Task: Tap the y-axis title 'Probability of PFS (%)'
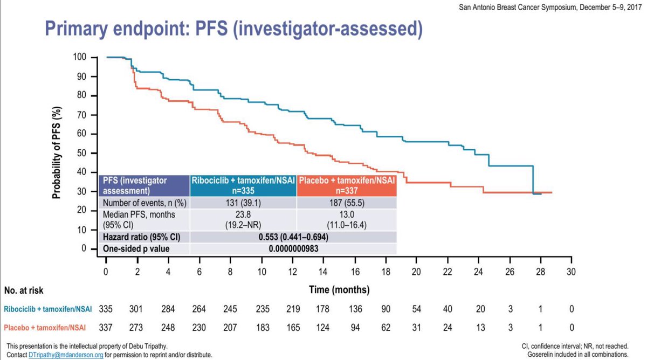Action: (x=56, y=153)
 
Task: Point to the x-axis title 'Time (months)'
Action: (x=339, y=290)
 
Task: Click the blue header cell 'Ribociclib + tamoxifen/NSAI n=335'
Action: (x=243, y=185)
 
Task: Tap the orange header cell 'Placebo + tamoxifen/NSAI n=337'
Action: (x=347, y=185)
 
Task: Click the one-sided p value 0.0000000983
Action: (x=294, y=250)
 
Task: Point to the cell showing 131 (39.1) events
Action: (x=243, y=203)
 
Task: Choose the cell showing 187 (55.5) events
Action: (x=347, y=203)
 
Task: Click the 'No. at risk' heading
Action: (x=25, y=290)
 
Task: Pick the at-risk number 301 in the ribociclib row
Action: (x=137, y=309)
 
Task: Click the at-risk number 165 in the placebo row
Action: (x=292, y=327)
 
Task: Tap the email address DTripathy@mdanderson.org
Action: (x=59, y=355)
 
